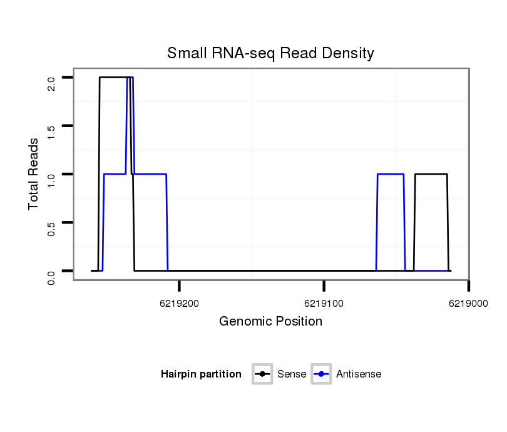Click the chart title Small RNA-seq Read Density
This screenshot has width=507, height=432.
coord(270,53)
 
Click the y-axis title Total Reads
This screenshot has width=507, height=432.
coord(34,174)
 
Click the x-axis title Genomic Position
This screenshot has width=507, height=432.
coord(270,322)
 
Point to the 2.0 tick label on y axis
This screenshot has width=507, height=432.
coord(51,83)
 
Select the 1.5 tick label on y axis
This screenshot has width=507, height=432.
coord(51,131)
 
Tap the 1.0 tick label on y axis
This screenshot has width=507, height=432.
coord(51,179)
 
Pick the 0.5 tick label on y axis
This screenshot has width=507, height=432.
coord(51,227)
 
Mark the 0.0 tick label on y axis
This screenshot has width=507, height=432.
coord(51,276)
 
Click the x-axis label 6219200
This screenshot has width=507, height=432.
coord(180,304)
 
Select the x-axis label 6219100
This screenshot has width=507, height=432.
coord(324,304)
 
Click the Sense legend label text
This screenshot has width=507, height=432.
coord(292,374)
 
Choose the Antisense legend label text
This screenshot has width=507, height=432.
coord(359,374)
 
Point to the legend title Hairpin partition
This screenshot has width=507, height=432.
coord(201,374)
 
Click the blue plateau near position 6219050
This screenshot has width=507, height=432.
coord(391,174)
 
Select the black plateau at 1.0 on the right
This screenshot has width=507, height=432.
coord(431,174)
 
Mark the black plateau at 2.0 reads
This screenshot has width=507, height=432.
coord(114,78)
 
